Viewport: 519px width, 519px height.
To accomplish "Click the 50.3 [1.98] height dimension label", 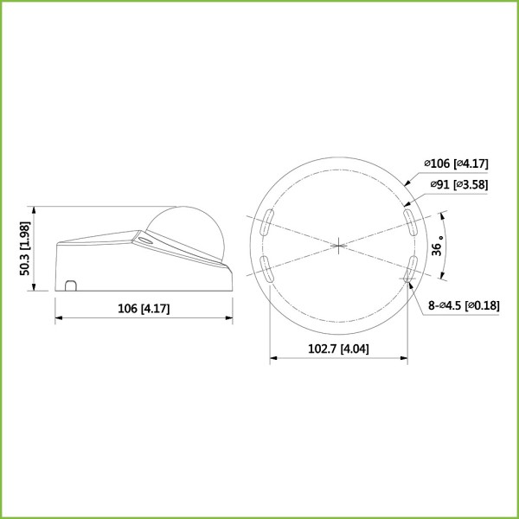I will tap(25, 248).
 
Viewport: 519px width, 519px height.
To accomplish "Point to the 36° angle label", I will tap(439, 247).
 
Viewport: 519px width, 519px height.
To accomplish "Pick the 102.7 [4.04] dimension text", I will tap(339, 349).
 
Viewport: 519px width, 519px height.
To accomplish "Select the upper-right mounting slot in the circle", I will tap(407, 218).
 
